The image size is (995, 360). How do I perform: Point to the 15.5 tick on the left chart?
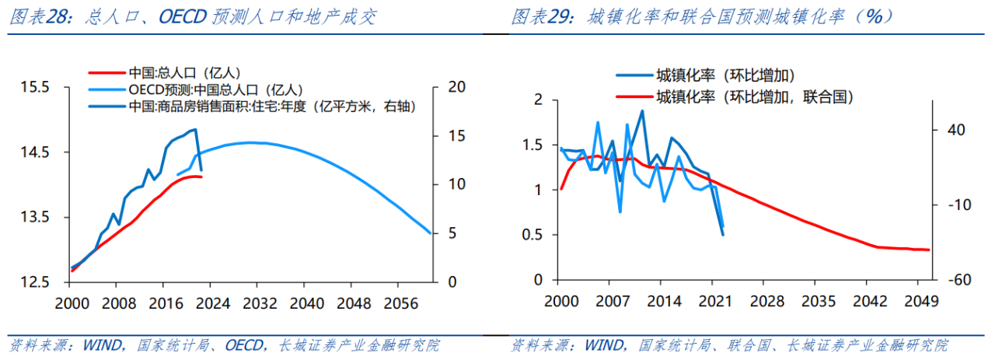35,86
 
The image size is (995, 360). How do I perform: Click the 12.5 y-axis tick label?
35,281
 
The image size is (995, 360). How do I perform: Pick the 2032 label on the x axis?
260,303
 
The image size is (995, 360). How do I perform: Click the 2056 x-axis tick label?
401,303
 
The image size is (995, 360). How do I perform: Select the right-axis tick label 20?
456,86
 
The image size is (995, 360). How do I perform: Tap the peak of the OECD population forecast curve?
251,142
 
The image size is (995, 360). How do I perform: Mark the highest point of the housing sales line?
195,129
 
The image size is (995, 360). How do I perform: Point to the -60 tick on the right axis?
959,280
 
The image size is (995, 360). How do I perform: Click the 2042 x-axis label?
870,302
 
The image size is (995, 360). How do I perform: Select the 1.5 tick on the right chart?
533,145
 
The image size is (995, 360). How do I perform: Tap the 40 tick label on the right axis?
956,130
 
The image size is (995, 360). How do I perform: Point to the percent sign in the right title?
875,17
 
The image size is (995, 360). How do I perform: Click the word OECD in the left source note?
244,345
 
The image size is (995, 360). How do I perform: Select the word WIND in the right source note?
605,345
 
